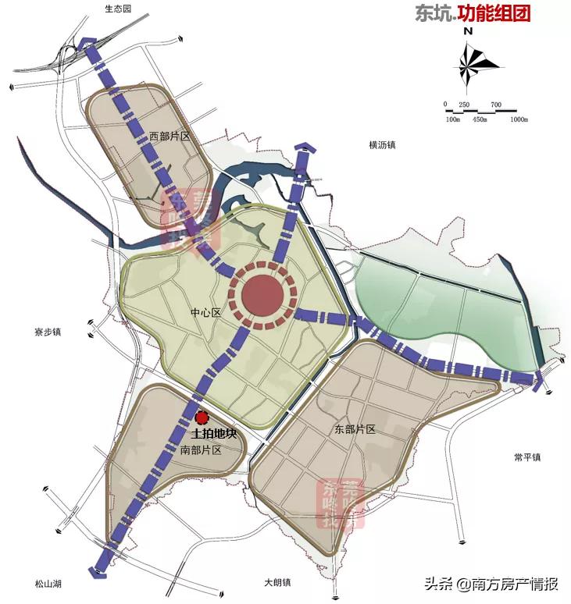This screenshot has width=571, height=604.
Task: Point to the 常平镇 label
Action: coord(528,457)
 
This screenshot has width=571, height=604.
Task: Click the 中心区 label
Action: coord(206,313)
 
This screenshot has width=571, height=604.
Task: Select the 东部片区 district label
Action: coord(355,429)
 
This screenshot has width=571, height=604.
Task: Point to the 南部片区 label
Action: coord(202,450)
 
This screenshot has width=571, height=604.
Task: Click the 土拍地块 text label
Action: coord(213,434)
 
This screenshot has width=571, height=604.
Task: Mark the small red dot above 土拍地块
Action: coord(202,417)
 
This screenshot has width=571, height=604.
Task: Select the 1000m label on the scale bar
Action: coord(520,119)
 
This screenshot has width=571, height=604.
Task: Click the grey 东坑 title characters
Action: coord(432,13)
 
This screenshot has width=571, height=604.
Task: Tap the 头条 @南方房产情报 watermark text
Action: coord(491,584)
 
